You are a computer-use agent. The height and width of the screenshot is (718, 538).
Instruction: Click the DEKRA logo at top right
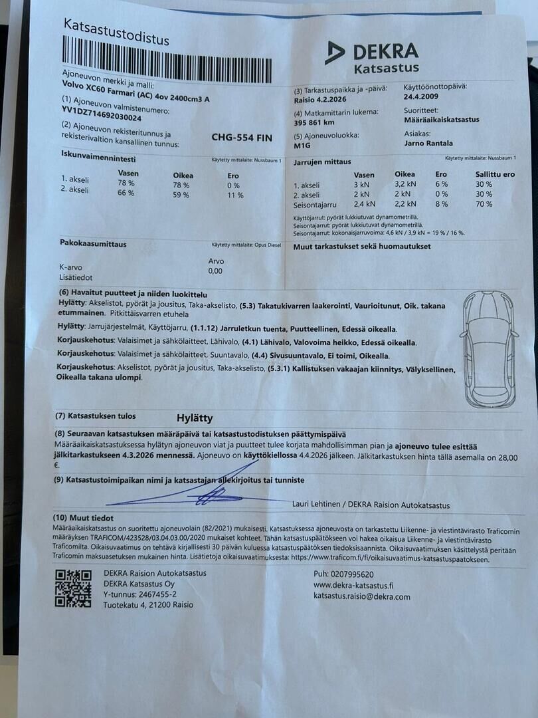(x=373, y=56)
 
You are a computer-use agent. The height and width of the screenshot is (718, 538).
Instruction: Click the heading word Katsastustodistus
(x=116, y=31)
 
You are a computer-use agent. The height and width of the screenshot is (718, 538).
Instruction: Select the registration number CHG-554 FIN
(x=241, y=138)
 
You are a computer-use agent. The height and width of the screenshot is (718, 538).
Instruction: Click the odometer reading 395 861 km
(x=314, y=122)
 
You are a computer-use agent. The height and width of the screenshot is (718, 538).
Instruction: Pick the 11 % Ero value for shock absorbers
(x=235, y=195)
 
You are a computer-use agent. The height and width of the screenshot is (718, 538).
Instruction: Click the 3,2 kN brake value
(x=404, y=183)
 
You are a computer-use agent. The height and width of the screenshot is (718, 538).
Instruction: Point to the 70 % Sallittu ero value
(x=484, y=204)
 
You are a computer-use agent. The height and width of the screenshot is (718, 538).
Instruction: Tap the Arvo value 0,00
(x=215, y=271)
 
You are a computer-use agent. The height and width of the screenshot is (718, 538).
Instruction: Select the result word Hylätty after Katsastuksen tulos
(x=195, y=418)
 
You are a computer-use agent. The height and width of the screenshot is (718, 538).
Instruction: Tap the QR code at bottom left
(x=72, y=588)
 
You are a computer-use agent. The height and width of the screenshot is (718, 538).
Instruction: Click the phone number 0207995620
(x=353, y=574)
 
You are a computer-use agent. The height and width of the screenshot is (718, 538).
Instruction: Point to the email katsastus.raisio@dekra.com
(x=361, y=596)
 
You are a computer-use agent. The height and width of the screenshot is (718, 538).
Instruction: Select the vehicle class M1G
(x=302, y=145)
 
